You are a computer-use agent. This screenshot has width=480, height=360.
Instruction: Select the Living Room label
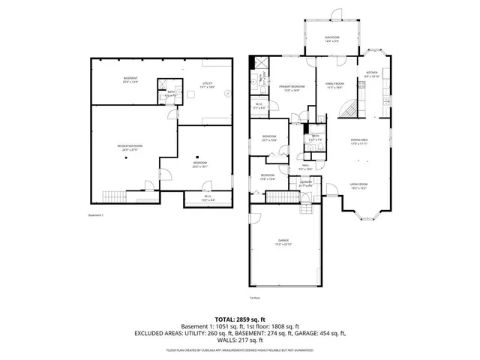(x=358, y=186)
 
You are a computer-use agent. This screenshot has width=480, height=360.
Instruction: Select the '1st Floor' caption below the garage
(x=286, y=296)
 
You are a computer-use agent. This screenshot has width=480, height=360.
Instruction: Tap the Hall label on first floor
(x=305, y=166)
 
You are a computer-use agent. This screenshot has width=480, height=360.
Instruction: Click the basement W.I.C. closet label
(x=208, y=199)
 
